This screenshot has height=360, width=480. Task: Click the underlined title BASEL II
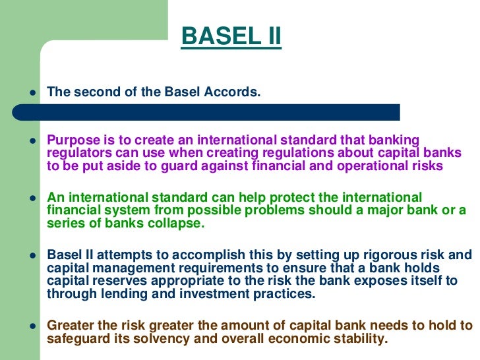(x=231, y=36)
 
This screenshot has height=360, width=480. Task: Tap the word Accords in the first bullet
(x=232, y=92)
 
